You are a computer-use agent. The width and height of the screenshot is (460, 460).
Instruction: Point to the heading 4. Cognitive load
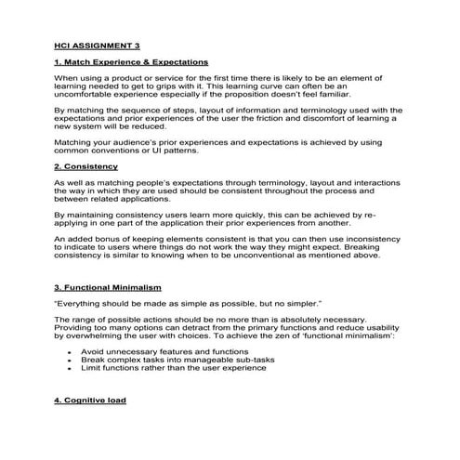[91, 401]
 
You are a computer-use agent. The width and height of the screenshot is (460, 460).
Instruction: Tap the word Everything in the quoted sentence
[82, 304]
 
